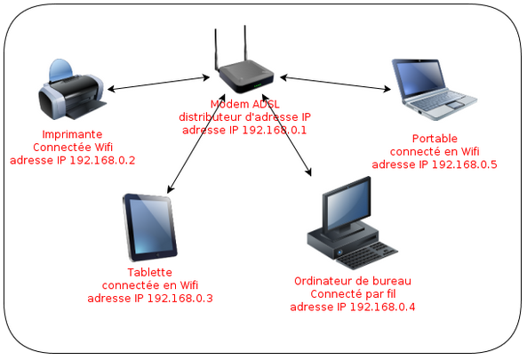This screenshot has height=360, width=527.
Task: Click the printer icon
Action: point(72,90)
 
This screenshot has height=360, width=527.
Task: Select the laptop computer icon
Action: point(434,90)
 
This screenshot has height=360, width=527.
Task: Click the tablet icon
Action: point(150,228)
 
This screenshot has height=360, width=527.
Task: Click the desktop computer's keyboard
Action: point(367,255)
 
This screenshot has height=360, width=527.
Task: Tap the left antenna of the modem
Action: point(217,50)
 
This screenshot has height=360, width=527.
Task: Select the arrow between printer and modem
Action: point(159,84)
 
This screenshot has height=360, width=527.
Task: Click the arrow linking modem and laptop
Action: point(335,84)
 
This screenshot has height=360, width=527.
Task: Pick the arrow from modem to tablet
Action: point(196,144)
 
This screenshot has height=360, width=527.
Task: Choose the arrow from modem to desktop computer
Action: point(286,135)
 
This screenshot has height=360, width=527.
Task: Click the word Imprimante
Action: point(72,134)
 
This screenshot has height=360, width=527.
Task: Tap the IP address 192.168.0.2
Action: point(102,160)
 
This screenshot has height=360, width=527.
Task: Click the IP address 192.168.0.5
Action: point(465,164)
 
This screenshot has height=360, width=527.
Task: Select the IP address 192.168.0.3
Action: point(180,298)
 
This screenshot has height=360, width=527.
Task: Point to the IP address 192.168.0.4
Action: point(382,307)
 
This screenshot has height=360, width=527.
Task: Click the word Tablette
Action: point(150,272)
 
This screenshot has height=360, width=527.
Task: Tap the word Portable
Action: point(435,139)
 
